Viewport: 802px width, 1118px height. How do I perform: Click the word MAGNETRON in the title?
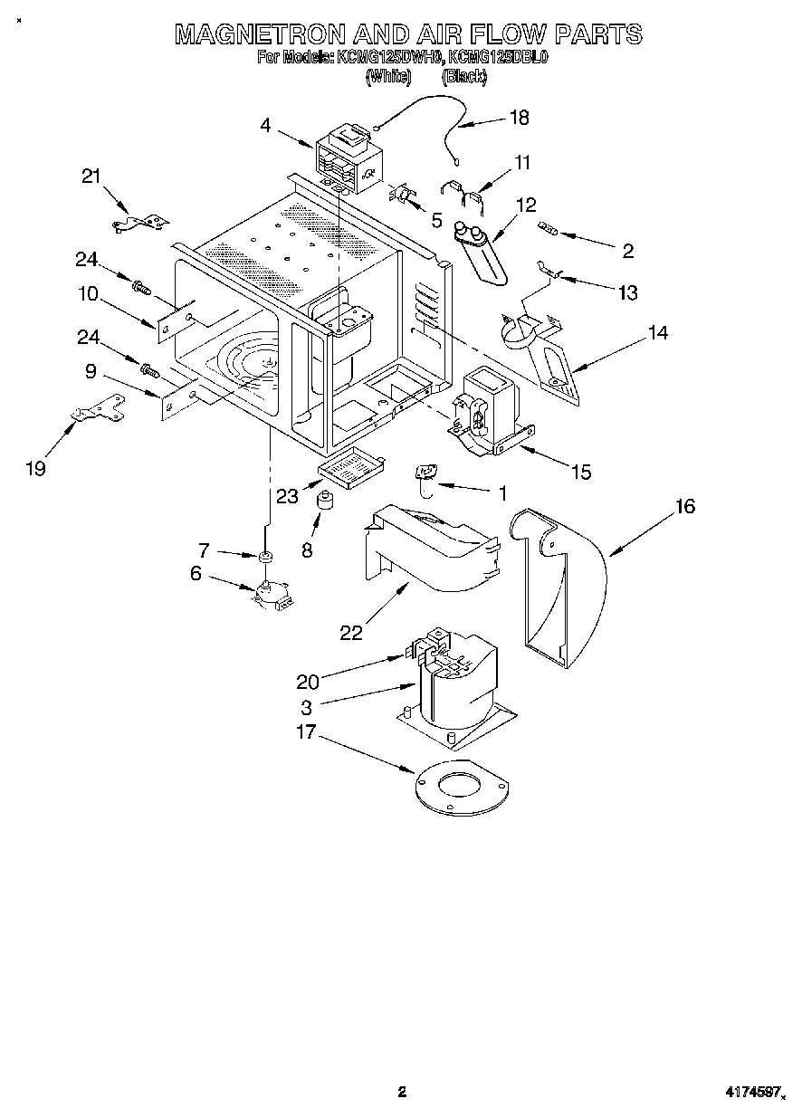tap(259, 34)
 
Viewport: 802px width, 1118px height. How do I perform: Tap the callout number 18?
tap(519, 117)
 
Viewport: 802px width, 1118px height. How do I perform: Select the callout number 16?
tap(684, 507)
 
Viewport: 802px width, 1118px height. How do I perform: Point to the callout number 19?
tap(35, 468)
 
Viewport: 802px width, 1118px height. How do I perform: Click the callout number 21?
tap(91, 177)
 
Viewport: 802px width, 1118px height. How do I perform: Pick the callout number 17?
tap(307, 731)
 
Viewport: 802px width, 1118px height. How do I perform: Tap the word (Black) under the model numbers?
tap(464, 78)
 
